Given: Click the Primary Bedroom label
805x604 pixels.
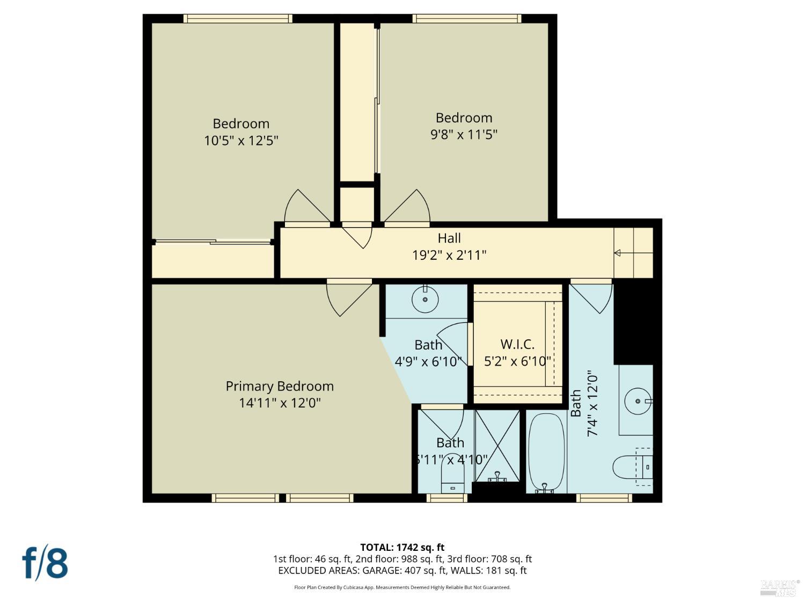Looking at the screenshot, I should pos(280,386).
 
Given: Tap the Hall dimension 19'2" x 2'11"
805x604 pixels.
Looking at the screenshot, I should pos(449,254).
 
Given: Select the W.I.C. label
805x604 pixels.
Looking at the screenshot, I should pos(517,344).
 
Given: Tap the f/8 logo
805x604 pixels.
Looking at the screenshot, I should pos(45,563).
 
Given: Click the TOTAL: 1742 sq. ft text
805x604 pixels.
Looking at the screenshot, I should pos(402,548).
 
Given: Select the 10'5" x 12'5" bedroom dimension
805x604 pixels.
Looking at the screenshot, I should pos(241,141).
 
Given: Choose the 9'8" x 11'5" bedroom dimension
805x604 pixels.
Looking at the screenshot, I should pos(464,134).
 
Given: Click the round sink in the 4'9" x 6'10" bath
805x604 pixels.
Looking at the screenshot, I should pos(425,299).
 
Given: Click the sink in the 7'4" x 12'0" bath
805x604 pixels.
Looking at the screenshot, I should pos(637,401).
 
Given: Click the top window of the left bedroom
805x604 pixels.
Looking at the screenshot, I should pos(238,19).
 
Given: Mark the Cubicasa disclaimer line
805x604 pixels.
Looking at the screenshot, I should pos(402,587).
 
